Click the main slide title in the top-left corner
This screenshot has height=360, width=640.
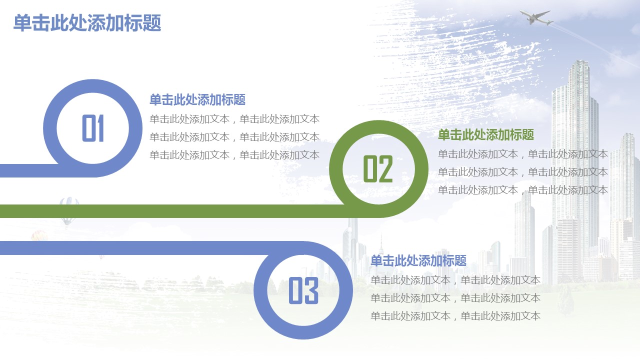pyautogui.click(x=87, y=23)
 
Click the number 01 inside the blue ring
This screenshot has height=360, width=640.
pyautogui.click(x=93, y=128)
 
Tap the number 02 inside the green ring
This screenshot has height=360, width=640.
pyautogui.click(x=378, y=169)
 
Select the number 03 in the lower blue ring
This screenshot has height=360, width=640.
pyautogui.click(x=303, y=290)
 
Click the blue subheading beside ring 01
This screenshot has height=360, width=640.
pyautogui.click(x=197, y=99)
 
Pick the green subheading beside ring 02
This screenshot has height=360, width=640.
pyautogui.click(x=486, y=134)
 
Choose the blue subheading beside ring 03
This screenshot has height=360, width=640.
pyautogui.click(x=418, y=260)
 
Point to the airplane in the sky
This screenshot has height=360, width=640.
pyautogui.click(x=535, y=17)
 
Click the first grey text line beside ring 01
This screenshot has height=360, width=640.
pyautogui.click(x=234, y=119)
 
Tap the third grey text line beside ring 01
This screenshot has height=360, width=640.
pyautogui.click(x=234, y=155)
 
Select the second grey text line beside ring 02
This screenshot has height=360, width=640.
pyautogui.click(x=523, y=172)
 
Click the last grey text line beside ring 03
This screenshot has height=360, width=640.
pyautogui.click(x=455, y=316)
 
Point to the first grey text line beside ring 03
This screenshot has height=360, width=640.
pyautogui.click(x=455, y=280)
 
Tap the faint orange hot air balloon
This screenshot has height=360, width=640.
pyautogui.click(x=39, y=235)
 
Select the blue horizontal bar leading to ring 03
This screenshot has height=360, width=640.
pyautogui.click(x=134, y=247)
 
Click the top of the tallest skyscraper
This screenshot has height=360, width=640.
pyautogui.click(x=579, y=61)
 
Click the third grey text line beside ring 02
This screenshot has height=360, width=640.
pyautogui.click(x=523, y=190)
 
